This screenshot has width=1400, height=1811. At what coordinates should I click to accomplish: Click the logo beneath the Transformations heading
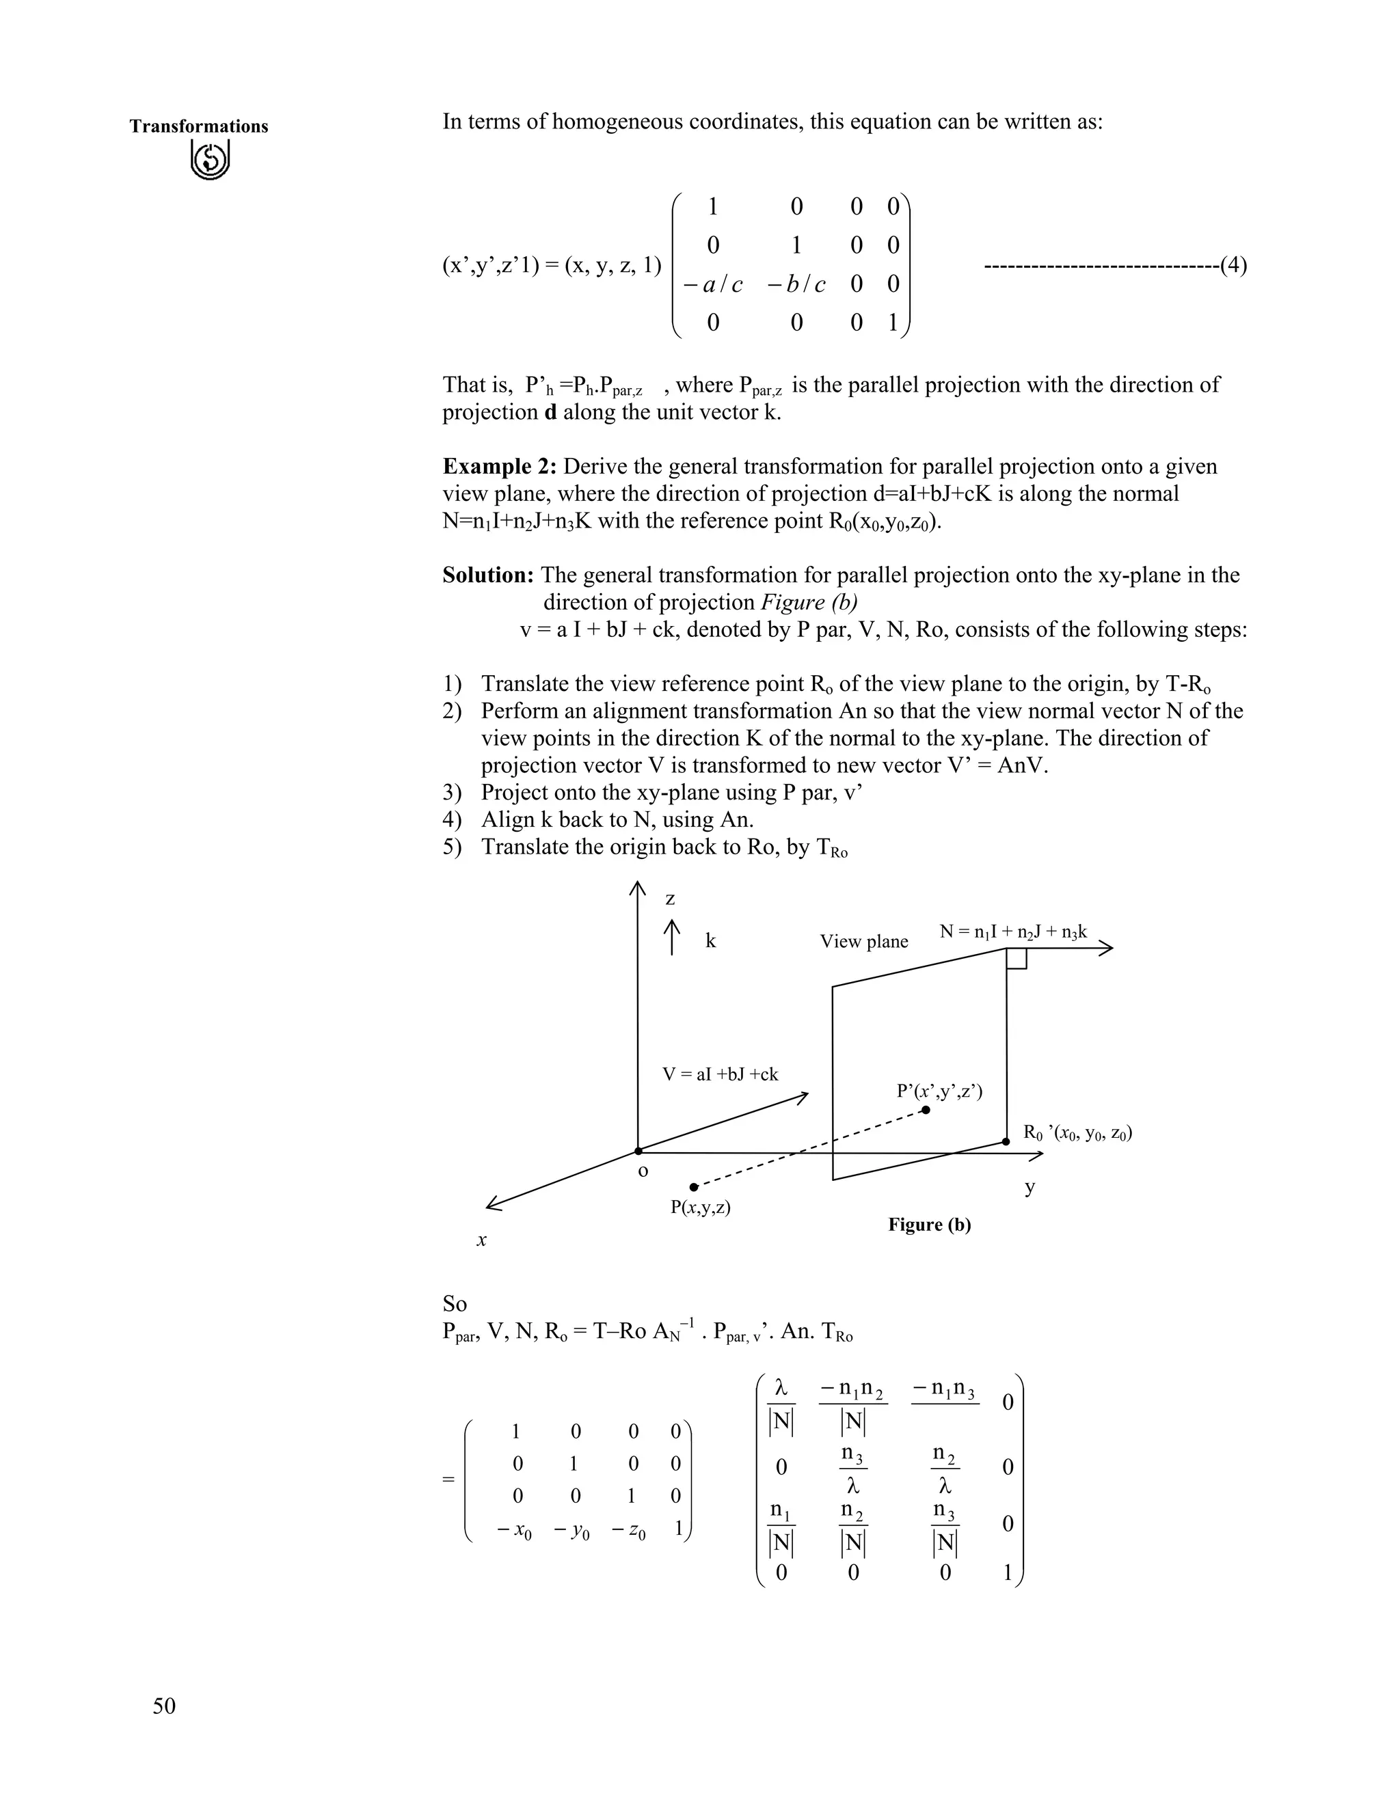(210, 159)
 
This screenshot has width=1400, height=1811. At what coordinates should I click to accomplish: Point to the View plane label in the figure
(863, 941)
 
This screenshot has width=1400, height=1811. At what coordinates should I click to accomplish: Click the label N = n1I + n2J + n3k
(1012, 932)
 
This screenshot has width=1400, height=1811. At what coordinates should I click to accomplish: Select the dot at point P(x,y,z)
(695, 1188)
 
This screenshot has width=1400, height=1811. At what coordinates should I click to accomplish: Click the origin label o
(643, 1171)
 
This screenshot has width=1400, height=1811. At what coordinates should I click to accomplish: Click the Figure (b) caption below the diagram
(929, 1225)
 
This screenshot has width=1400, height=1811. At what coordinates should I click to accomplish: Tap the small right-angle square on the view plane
(1017, 957)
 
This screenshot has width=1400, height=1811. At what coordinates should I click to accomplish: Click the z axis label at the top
(670, 899)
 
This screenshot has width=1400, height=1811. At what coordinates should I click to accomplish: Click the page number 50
(164, 1706)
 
